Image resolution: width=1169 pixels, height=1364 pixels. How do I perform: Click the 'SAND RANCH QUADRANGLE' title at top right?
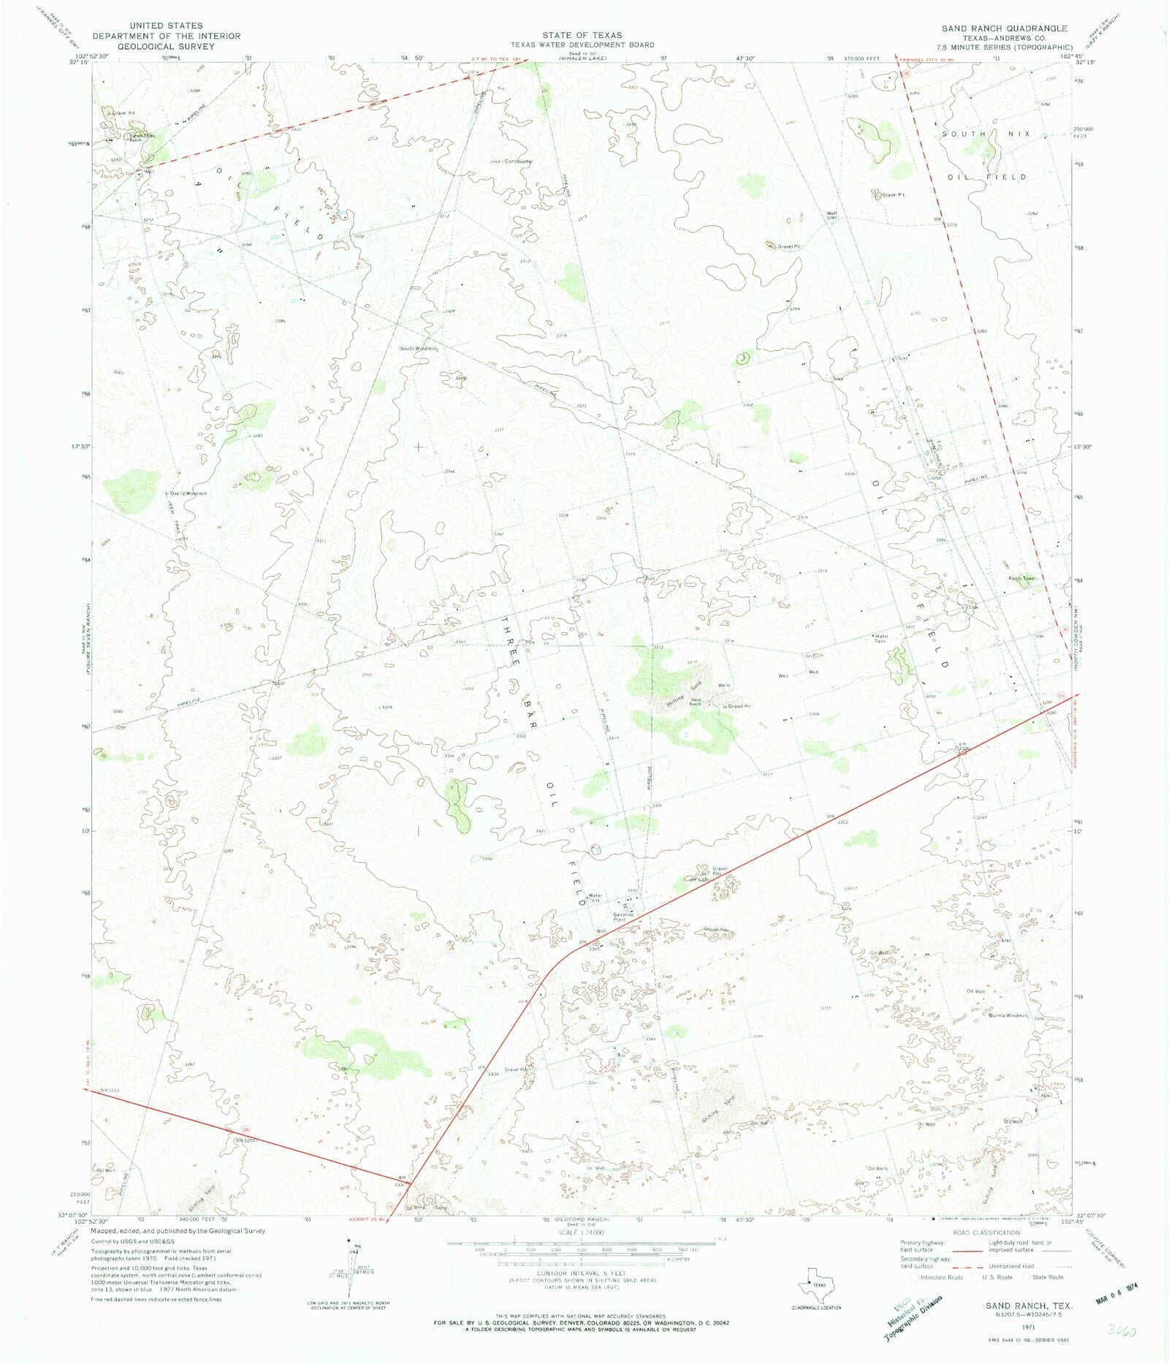pos(1004,29)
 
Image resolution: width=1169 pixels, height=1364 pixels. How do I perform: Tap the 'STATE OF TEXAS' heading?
pos(582,35)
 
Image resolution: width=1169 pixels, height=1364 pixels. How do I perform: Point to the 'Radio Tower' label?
pos(1022,578)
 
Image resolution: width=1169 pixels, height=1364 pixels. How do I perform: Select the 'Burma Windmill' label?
pos(1008,1015)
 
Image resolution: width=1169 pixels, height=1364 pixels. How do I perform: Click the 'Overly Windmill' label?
pos(189,493)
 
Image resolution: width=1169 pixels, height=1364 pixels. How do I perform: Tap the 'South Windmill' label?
pos(419,349)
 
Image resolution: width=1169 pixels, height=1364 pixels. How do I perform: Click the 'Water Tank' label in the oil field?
pos(882,638)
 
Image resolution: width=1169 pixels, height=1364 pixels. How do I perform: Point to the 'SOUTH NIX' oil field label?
pos(986,134)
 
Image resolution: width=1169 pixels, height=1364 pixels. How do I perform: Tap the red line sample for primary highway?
pos(968,1251)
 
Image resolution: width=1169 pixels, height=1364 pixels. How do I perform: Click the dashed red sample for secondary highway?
pos(968,1267)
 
